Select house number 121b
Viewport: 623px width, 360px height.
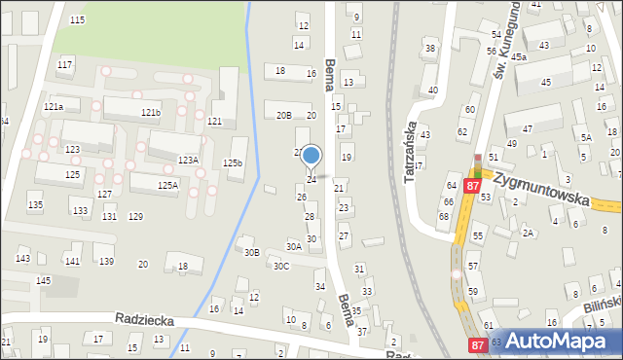[150, 113]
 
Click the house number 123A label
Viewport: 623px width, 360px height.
[187, 160]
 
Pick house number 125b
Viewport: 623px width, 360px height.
[233, 163]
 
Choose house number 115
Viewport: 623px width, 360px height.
[77, 19]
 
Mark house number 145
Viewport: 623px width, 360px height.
[43, 281]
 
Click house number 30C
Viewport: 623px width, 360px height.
[281, 266]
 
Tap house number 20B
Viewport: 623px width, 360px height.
[283, 115]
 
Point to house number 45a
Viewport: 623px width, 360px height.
[519, 57]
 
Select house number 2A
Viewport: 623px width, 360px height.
[528, 233]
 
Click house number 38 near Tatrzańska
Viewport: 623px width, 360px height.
[429, 49]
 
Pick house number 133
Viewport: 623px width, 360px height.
[80, 211]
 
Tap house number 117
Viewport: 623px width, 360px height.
[64, 64]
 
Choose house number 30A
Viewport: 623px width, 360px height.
[293, 247]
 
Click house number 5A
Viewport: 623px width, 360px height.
[585, 138]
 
